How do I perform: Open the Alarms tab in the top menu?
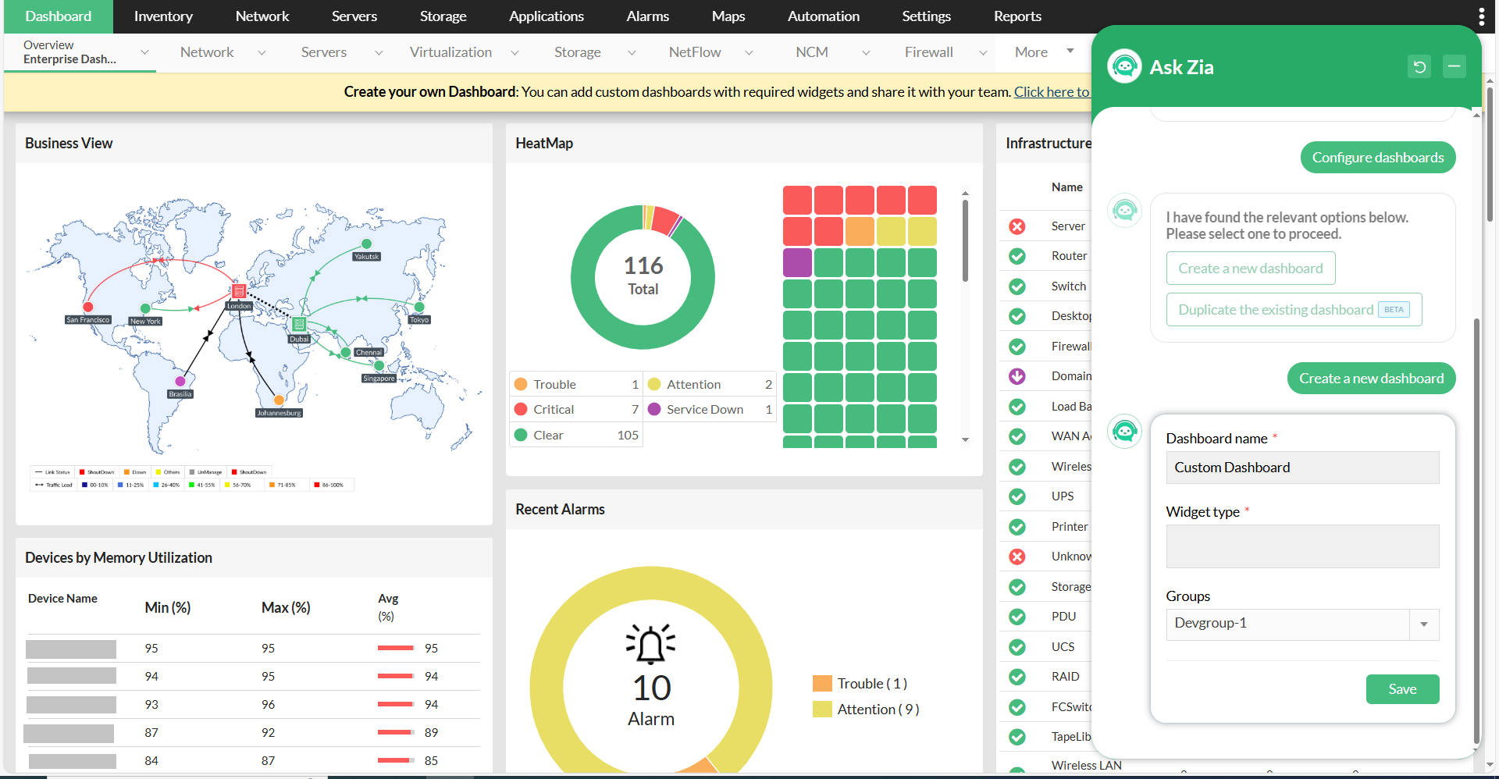(x=647, y=16)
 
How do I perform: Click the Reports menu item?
(x=1017, y=16)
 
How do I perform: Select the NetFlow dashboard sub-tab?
(x=695, y=52)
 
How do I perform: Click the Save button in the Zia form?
(x=1401, y=689)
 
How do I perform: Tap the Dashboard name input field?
(x=1301, y=468)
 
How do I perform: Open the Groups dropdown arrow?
(x=1423, y=624)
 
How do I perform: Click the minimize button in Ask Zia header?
(x=1454, y=67)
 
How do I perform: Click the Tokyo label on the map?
(x=419, y=320)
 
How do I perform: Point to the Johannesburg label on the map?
(x=279, y=413)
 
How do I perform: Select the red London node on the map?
(x=239, y=291)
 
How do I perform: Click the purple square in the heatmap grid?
(x=797, y=262)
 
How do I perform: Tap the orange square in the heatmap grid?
(x=860, y=232)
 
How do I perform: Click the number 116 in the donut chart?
(x=643, y=266)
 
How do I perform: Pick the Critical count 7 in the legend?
(x=635, y=410)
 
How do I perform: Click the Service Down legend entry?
(x=704, y=410)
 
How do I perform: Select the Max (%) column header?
(x=286, y=607)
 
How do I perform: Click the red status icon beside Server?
(x=1017, y=226)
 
